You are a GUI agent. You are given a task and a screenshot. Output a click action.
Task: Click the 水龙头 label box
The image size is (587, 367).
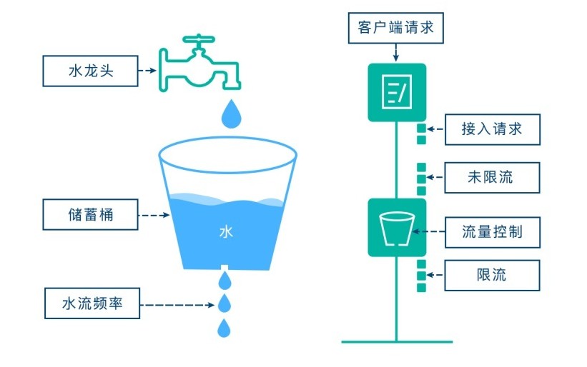(x=90, y=71)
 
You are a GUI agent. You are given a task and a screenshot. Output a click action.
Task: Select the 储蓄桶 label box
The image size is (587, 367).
(x=90, y=214)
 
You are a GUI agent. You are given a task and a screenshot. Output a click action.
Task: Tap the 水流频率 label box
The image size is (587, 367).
(x=92, y=303)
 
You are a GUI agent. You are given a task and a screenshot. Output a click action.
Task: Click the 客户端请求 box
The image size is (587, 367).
(x=395, y=28)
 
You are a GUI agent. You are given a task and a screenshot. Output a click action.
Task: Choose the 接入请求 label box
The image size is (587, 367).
(x=493, y=129)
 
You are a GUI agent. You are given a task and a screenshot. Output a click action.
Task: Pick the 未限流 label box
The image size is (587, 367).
(x=492, y=178)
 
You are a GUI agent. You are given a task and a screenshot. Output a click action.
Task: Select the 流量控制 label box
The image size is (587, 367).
(x=493, y=232)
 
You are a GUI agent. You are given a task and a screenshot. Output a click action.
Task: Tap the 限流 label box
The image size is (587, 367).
(x=492, y=276)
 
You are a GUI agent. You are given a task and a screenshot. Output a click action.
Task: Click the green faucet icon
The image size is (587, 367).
(x=200, y=63)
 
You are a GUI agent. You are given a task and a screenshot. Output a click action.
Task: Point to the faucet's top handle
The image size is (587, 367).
(x=199, y=39)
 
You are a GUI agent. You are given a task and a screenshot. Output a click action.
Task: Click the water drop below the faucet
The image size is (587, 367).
(x=232, y=114)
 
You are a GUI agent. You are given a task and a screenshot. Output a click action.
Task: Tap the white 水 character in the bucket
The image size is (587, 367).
(x=226, y=232)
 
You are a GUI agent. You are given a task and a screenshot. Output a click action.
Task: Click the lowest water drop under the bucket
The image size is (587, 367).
(x=224, y=328)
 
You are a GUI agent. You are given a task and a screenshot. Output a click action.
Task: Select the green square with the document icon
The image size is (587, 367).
(x=397, y=92)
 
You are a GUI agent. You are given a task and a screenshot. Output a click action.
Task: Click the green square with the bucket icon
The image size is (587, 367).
(x=397, y=228)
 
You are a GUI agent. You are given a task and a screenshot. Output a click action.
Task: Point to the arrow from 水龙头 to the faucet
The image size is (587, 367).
(x=147, y=70)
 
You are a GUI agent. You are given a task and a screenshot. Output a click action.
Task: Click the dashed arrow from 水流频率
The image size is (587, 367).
(x=177, y=305)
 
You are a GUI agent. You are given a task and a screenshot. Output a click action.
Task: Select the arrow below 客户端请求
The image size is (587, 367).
(x=395, y=53)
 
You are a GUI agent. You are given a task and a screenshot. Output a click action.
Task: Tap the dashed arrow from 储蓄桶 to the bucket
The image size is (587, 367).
(x=154, y=215)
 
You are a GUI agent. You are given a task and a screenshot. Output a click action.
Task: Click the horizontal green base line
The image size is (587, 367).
(x=397, y=341)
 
